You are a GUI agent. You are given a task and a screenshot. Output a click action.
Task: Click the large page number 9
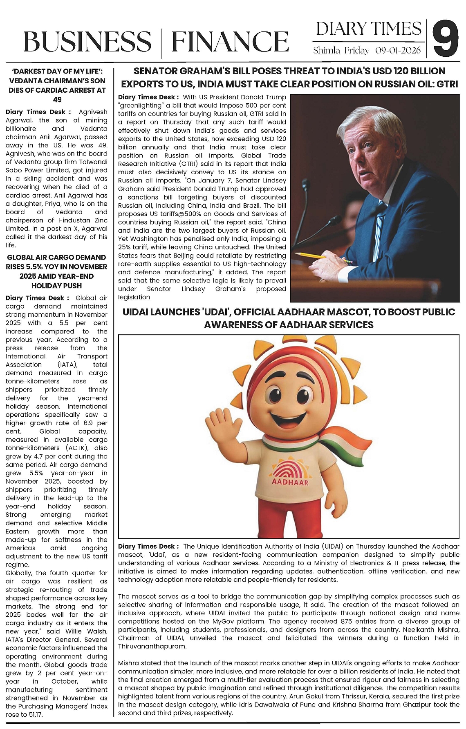[x=445, y=40]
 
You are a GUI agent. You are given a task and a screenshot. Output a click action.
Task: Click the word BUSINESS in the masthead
[x=87, y=42]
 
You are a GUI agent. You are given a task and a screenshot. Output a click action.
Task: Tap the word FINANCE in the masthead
[x=230, y=42]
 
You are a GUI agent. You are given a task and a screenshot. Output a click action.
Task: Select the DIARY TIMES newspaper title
[x=368, y=29]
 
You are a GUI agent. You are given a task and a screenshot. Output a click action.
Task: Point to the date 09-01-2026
[x=398, y=51]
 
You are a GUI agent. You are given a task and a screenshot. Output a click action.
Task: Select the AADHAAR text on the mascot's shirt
[x=290, y=482]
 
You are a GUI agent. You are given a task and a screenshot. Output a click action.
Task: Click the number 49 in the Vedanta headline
[x=57, y=100]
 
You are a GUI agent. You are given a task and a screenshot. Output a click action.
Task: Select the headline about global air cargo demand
[x=57, y=271]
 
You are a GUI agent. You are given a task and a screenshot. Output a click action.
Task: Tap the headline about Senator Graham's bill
[x=289, y=78]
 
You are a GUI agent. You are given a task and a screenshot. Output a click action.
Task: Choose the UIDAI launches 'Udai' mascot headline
[x=289, y=318]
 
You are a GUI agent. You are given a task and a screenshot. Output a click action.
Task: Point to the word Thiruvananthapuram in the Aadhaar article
[x=152, y=646]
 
